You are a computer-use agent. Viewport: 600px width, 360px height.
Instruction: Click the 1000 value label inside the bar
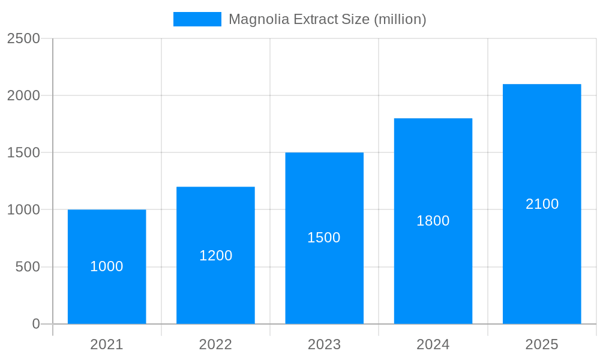click(x=107, y=266)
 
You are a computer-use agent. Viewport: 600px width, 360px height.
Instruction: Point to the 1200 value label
click(x=215, y=256)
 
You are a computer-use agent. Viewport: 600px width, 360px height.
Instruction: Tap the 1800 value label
click(x=433, y=221)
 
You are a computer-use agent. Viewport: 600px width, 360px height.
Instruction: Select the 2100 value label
click(x=542, y=204)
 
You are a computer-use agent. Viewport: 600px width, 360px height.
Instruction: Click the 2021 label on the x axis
click(x=107, y=344)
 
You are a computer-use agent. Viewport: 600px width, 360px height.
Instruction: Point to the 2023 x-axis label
click(x=324, y=344)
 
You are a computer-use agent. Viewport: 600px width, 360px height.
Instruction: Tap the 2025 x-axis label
click(x=542, y=344)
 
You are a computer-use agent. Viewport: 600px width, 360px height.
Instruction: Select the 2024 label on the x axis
click(x=433, y=344)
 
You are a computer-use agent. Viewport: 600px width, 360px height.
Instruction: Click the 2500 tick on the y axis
click(x=23, y=38)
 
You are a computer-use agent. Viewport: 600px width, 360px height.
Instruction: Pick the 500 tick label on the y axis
click(x=28, y=266)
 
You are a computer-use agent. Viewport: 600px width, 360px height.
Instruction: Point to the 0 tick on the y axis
click(x=36, y=324)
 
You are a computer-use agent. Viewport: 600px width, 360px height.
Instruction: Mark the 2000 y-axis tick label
click(x=23, y=95)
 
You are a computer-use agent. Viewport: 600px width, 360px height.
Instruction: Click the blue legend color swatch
click(x=197, y=19)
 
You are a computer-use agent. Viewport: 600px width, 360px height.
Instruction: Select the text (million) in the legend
click(x=400, y=19)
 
